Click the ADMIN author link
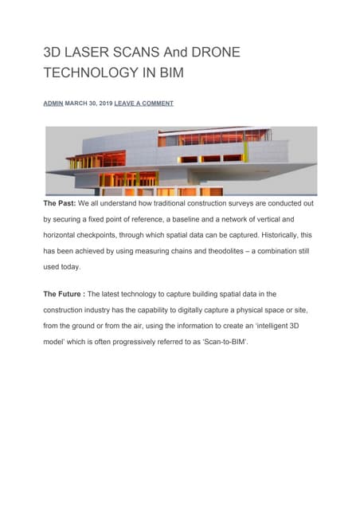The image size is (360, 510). (x=53, y=104)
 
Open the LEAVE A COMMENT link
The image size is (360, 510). (x=143, y=104)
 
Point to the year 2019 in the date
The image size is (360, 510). (x=104, y=104)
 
